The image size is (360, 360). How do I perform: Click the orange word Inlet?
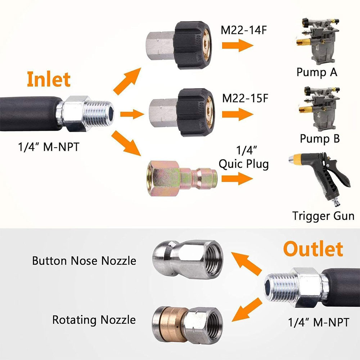point(49,79)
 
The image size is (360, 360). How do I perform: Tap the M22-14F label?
point(244,30)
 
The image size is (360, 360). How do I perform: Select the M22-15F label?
point(245,98)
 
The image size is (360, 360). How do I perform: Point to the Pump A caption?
point(317,72)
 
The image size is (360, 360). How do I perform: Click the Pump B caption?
point(320,139)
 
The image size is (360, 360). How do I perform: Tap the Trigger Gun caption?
point(323,216)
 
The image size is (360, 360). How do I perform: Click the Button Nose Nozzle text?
point(84,261)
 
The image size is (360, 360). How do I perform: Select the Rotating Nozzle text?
point(94,320)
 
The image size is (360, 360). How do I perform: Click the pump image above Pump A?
point(318,41)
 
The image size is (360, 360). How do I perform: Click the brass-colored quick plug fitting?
point(182,179)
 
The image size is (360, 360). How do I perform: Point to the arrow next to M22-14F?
point(237,45)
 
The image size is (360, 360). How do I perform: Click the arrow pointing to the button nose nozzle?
point(246,264)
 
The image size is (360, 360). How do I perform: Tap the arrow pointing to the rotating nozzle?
point(247,310)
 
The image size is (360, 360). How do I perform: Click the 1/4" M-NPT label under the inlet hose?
point(49,147)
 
